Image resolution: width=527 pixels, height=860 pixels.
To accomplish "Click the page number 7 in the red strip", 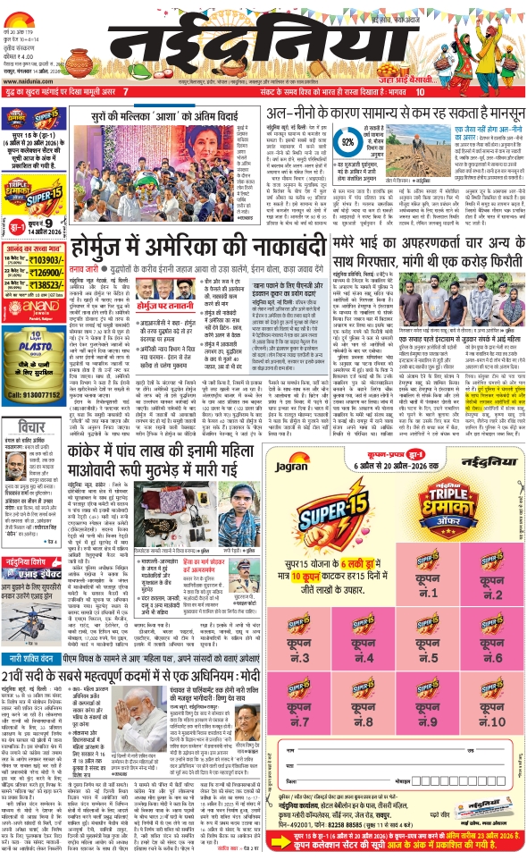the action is click(125, 91).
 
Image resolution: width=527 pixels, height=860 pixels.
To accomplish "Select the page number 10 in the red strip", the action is click(420, 91).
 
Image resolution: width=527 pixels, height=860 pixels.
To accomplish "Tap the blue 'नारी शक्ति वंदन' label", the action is click(30, 658).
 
